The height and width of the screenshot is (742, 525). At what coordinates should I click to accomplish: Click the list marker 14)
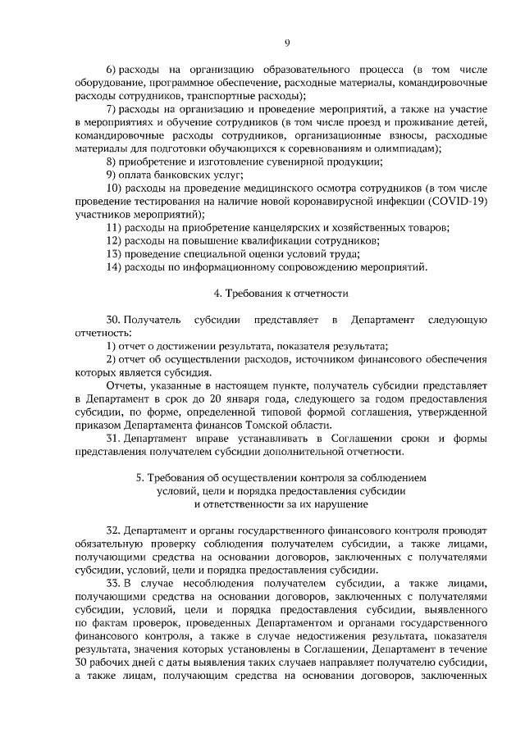(x=114, y=266)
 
